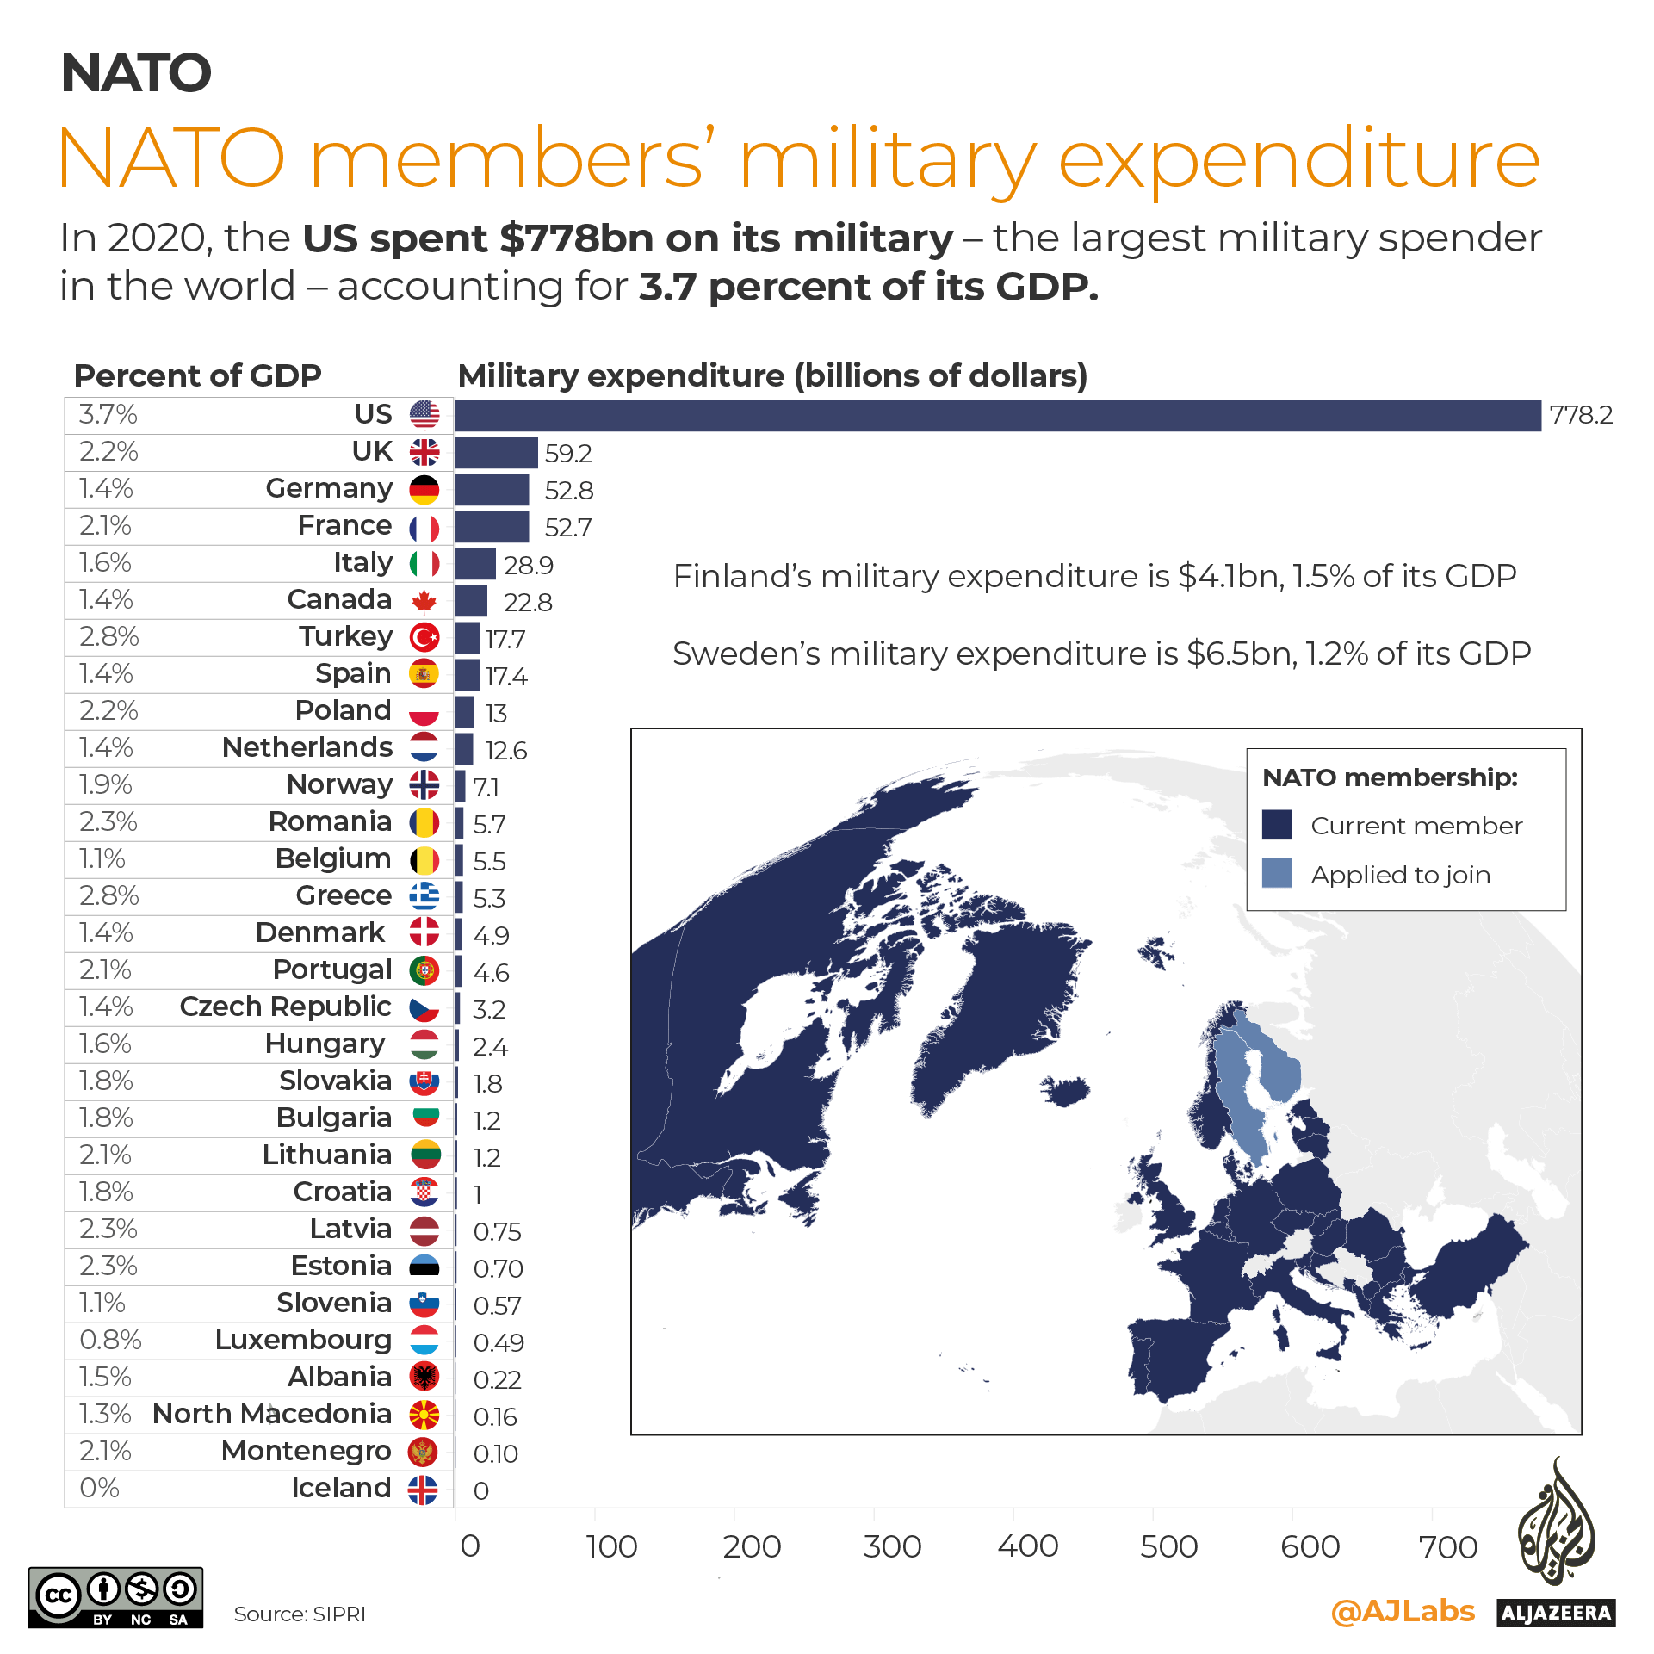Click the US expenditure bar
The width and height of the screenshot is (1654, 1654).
(x=997, y=415)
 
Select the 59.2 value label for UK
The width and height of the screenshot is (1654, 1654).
(x=568, y=453)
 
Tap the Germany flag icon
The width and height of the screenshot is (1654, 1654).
(x=424, y=489)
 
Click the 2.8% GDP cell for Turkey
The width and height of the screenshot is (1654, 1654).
(x=108, y=636)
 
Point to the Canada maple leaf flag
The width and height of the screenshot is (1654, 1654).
(x=424, y=600)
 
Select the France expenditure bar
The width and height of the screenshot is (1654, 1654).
(x=492, y=526)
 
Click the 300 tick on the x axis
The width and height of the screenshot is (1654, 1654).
(x=892, y=1546)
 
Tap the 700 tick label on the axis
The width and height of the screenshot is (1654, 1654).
(x=1448, y=1546)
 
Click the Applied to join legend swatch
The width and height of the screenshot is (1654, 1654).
(x=1276, y=873)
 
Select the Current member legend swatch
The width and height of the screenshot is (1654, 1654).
(x=1276, y=824)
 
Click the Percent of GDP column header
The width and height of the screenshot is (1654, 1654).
(x=197, y=375)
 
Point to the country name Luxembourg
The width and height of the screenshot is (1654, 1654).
(x=303, y=1340)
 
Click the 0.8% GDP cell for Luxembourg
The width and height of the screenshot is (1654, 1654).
(x=110, y=1340)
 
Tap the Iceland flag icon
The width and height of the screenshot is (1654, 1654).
(x=423, y=1489)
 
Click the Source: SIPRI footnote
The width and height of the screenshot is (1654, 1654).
(x=300, y=1614)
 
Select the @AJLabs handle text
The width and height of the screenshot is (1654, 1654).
(x=1403, y=1610)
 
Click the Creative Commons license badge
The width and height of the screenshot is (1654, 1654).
(x=115, y=1597)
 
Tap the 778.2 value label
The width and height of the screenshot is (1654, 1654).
(x=1581, y=415)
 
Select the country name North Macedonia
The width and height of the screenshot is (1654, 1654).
(x=272, y=1414)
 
